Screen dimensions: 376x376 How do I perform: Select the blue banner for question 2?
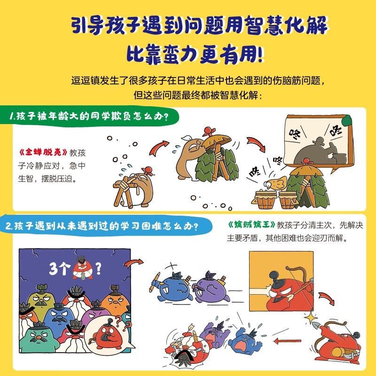pos(101,226)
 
